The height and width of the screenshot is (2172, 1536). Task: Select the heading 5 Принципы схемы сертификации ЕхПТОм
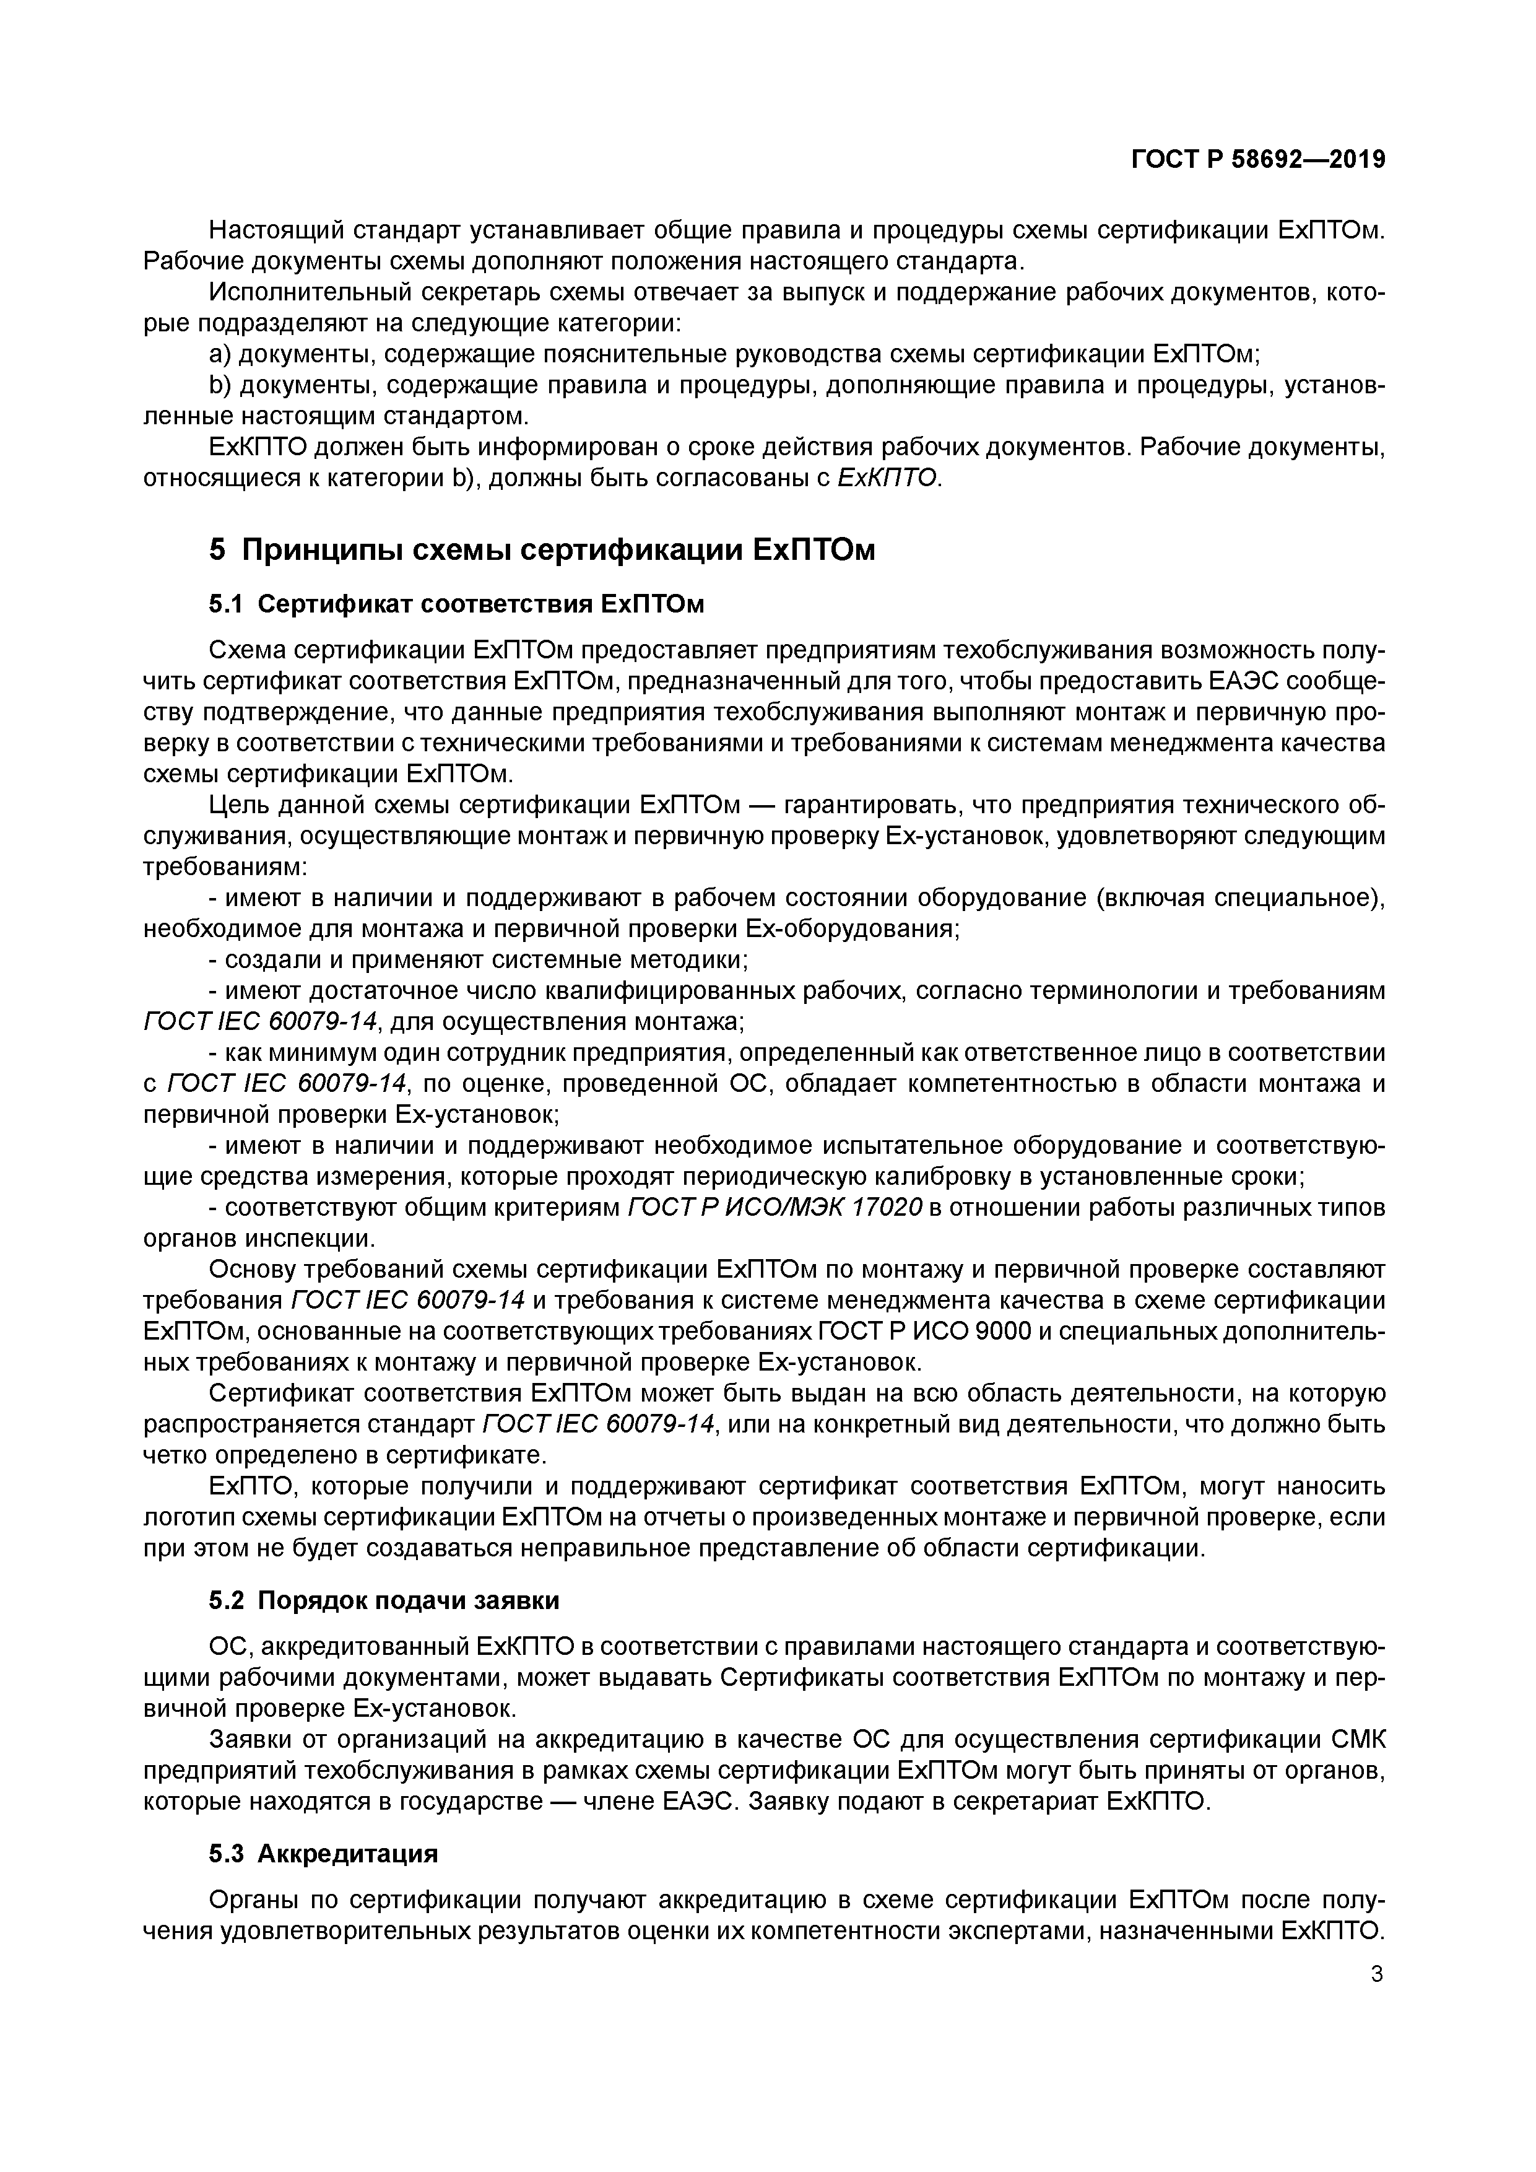point(541,549)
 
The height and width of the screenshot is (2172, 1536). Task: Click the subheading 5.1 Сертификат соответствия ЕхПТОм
point(456,604)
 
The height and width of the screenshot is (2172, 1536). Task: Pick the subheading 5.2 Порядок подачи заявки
point(384,1600)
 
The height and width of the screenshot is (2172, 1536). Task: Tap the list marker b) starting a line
point(219,386)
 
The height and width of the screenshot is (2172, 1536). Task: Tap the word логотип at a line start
point(184,1517)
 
